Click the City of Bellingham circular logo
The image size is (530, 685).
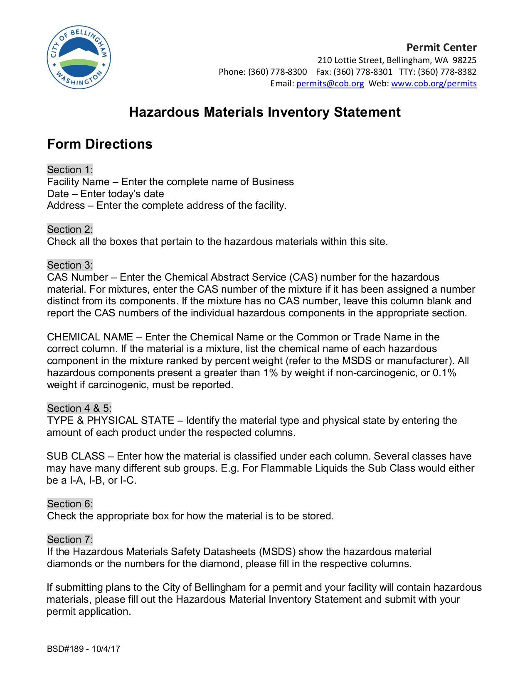point(79,58)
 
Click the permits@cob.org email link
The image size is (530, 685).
point(330,83)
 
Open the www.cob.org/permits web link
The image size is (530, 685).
point(434,83)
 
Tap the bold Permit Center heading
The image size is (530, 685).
point(441,47)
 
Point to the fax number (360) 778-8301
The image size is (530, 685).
point(362,72)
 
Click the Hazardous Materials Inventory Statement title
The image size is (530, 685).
point(265,112)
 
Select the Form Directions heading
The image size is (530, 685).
point(100,144)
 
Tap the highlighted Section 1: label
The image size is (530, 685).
point(70,170)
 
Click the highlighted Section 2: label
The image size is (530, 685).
point(70,230)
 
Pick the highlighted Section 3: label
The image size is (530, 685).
point(70,265)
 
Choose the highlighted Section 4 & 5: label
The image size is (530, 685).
point(79,409)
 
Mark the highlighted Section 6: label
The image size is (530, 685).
point(70,504)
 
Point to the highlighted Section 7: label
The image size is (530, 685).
point(70,540)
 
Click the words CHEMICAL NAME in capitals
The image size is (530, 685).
point(90,337)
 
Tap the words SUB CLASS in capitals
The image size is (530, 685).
point(76,456)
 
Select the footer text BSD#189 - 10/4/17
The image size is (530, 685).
point(84,649)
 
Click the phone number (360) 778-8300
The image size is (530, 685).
point(277,72)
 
